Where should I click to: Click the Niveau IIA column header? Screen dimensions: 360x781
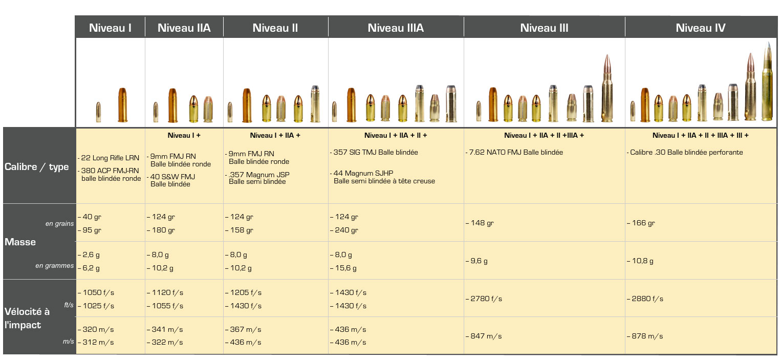coord(184,28)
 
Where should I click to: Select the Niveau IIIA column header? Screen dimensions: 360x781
coord(396,28)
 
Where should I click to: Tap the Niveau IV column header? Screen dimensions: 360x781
coord(700,28)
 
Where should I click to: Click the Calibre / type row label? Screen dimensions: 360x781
coord(37,167)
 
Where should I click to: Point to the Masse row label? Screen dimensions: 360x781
coord(20,242)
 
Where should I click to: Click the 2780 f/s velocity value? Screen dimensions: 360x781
coord(485,299)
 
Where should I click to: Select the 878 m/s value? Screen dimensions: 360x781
coord(646,336)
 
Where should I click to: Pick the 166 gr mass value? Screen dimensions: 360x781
coord(642,223)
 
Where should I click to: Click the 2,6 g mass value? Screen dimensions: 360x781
coord(89,255)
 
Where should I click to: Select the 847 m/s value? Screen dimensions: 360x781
coord(485,336)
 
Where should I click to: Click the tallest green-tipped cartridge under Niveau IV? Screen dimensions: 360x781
coord(767,82)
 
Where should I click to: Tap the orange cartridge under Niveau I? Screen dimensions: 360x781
coord(122,105)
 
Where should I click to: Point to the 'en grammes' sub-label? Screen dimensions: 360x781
coord(55,266)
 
